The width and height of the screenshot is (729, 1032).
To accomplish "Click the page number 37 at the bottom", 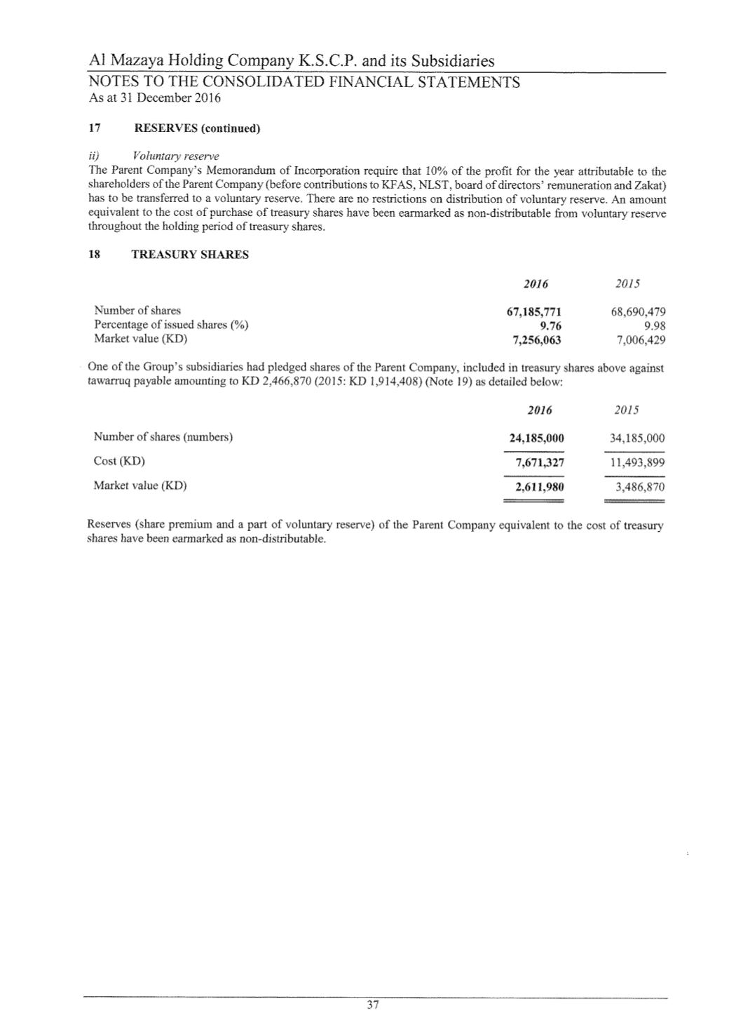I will pos(373,1005).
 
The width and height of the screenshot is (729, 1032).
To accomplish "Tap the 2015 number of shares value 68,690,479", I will pos(638,311).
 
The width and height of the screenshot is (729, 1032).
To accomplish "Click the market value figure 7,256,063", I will pos(537,340).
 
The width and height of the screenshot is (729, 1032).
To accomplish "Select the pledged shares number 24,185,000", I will pos(536,438).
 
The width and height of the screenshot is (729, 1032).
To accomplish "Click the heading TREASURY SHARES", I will pos(190,255).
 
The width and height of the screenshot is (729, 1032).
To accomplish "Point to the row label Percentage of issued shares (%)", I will pos(172,325).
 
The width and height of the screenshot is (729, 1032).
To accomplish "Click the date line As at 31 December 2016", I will pos(155,98).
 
